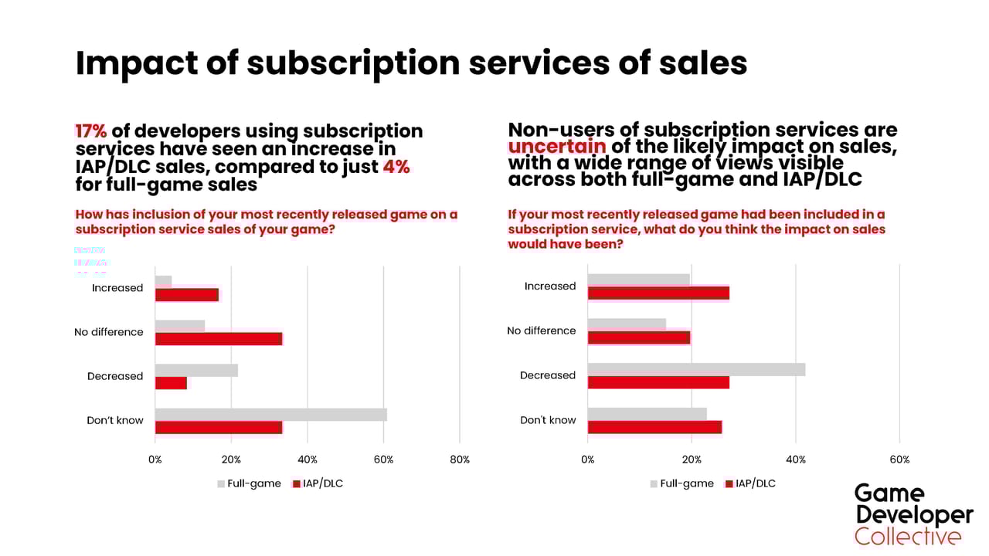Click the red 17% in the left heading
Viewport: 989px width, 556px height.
(x=90, y=131)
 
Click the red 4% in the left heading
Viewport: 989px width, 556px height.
(x=396, y=167)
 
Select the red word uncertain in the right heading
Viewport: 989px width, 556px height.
(x=556, y=146)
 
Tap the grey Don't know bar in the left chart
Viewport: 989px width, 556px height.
(x=270, y=415)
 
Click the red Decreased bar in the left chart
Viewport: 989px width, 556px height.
(x=171, y=383)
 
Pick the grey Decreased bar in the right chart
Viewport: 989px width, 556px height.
(x=696, y=370)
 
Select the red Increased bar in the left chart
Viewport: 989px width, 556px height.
(x=187, y=294)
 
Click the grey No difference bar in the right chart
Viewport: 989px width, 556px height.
(x=627, y=324)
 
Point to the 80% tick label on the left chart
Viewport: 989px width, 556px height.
(x=459, y=459)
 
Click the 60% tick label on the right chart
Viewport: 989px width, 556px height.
(x=899, y=459)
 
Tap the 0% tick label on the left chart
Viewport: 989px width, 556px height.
(x=155, y=459)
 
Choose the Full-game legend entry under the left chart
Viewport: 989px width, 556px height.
(x=249, y=483)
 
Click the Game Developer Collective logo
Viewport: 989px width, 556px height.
(x=913, y=515)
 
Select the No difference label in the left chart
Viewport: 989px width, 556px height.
(x=109, y=332)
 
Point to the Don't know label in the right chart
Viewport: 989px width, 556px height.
(x=548, y=420)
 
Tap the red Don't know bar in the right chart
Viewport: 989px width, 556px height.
(x=654, y=427)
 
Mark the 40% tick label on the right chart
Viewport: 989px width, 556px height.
(x=796, y=459)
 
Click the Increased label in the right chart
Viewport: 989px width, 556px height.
(x=550, y=286)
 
